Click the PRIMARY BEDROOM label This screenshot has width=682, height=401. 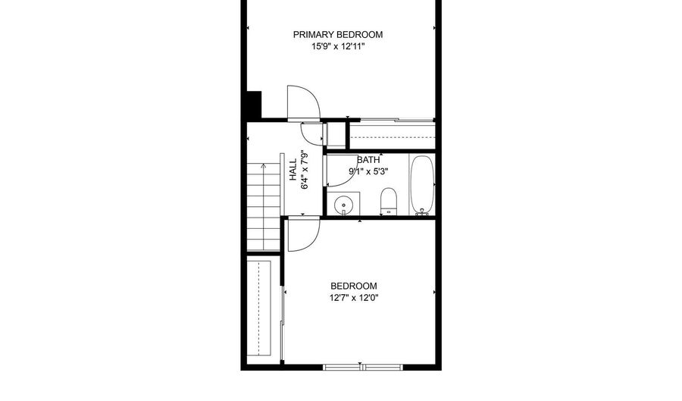[x=337, y=34]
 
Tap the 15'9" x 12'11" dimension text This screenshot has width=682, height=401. [x=337, y=46]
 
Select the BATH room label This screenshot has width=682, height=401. [x=368, y=160]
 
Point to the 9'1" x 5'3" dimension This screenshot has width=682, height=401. [x=368, y=171]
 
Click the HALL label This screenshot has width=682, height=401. [x=293, y=170]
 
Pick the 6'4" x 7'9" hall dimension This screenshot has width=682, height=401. [x=305, y=170]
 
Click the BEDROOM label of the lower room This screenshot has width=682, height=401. [x=354, y=286]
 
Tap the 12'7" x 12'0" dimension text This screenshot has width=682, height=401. [x=354, y=298]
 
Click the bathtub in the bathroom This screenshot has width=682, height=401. [x=422, y=185]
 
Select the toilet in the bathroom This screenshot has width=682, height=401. [x=389, y=202]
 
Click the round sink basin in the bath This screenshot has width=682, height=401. [x=343, y=204]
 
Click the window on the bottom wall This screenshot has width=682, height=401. [x=363, y=368]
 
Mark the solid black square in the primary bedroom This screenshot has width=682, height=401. [x=254, y=105]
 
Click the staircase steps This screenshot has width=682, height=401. [x=264, y=207]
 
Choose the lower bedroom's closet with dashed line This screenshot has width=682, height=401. [x=259, y=309]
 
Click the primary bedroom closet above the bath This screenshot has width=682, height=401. [x=393, y=136]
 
